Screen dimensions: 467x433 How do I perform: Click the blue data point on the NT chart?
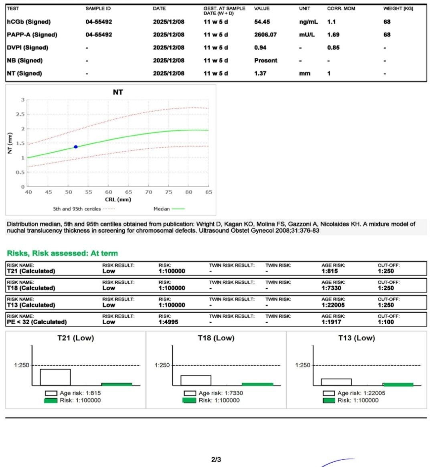(x=76, y=147)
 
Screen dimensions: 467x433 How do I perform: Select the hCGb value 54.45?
(x=262, y=22)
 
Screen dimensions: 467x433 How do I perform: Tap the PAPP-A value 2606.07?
(x=265, y=35)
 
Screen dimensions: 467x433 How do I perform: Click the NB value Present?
(x=265, y=60)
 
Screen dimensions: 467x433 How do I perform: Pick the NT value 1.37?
(x=260, y=73)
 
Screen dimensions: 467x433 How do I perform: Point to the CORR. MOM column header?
(x=341, y=8)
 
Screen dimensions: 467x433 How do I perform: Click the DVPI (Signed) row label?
(x=27, y=47)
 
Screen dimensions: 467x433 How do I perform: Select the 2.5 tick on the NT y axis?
(x=20, y=114)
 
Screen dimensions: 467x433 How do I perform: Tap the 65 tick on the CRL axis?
(x=128, y=192)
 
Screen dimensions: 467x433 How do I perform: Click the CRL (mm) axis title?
(x=118, y=200)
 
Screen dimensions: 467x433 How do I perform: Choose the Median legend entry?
(x=169, y=209)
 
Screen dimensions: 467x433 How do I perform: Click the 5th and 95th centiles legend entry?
(x=84, y=209)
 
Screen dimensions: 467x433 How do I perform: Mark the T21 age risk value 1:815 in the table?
(x=330, y=271)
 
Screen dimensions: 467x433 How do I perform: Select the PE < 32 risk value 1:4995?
(x=168, y=322)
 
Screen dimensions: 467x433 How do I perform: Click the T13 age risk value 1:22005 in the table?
(x=333, y=305)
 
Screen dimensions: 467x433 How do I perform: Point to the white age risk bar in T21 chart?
(x=55, y=377)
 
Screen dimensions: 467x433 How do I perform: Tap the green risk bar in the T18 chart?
(x=257, y=384)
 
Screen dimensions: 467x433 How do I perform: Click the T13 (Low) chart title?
(x=356, y=338)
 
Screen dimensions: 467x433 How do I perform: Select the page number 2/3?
(x=216, y=459)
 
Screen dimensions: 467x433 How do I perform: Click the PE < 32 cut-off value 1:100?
(x=386, y=322)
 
